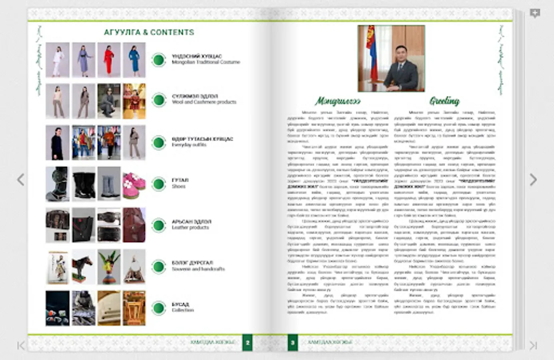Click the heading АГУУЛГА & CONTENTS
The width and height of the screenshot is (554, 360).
pyautogui.click(x=149, y=32)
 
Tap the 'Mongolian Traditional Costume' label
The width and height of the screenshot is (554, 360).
pyautogui.click(x=206, y=62)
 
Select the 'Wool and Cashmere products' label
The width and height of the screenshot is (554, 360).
pyautogui.click(x=204, y=102)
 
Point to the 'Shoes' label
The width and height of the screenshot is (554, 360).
pyautogui.click(x=179, y=186)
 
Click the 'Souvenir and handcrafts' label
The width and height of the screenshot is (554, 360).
pyautogui.click(x=198, y=269)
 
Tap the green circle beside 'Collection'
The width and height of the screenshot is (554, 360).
pyautogui.click(x=159, y=308)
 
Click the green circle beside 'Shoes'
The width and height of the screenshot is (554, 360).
pyautogui.click(x=159, y=184)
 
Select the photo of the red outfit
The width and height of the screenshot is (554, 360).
pyautogui.click(x=109, y=60)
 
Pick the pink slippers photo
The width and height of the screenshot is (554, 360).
pyautogui.click(x=134, y=184)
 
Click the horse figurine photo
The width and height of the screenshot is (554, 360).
pyautogui.click(x=84, y=267)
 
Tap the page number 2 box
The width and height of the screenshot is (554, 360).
pyautogui.click(x=247, y=343)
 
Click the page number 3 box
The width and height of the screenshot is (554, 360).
pyautogui.click(x=293, y=343)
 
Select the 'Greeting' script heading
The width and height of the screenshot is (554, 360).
pyautogui.click(x=444, y=101)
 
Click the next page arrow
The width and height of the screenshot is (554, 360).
pyautogui.click(x=533, y=180)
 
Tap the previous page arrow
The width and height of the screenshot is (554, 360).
pyautogui.click(x=21, y=180)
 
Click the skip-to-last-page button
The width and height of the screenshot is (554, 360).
pyautogui.click(x=533, y=345)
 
